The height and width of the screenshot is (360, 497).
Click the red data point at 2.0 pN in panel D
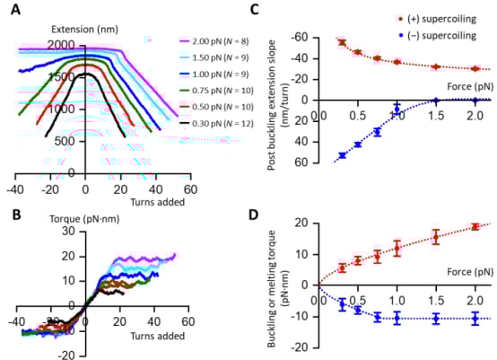475,227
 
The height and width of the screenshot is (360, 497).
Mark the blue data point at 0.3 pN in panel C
342,155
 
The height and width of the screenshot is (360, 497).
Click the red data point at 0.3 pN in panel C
342,42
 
